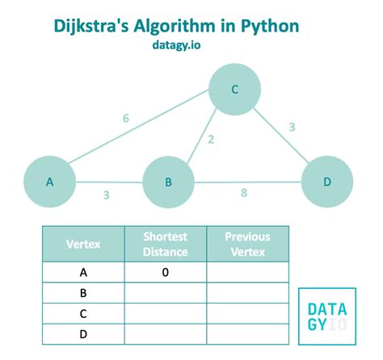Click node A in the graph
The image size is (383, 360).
(50, 182)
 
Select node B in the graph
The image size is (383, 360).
(169, 182)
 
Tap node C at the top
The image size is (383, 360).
(234, 90)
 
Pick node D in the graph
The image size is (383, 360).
(326, 182)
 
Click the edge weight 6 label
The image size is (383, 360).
(126, 119)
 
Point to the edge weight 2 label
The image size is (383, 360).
(211, 139)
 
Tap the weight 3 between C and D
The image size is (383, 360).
(291, 126)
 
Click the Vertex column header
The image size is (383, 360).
(83, 245)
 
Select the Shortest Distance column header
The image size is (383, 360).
(165, 245)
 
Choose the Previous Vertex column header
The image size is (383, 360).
(247, 245)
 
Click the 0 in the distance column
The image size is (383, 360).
(165, 273)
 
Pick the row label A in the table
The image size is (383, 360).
(83, 273)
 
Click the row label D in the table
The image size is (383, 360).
(83, 333)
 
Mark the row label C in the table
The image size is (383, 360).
(83, 313)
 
